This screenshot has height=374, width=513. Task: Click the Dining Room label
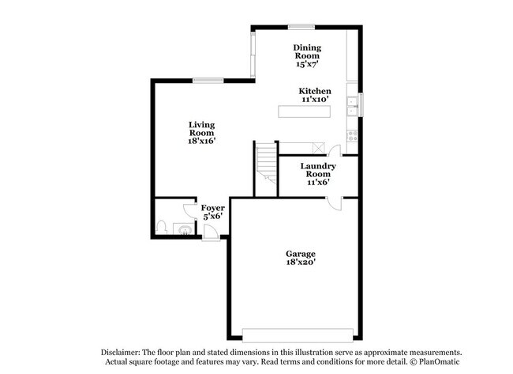coord(306,51)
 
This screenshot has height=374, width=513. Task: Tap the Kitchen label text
coord(315,91)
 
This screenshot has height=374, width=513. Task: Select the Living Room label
coord(202,129)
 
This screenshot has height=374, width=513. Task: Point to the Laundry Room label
coord(318,170)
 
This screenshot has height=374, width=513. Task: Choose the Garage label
coord(301,254)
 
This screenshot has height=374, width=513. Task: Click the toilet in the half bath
coord(161,228)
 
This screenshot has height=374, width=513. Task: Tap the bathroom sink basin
coord(183,231)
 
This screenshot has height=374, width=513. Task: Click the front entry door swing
coord(211,232)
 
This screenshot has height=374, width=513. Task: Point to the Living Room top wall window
coord(208,79)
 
